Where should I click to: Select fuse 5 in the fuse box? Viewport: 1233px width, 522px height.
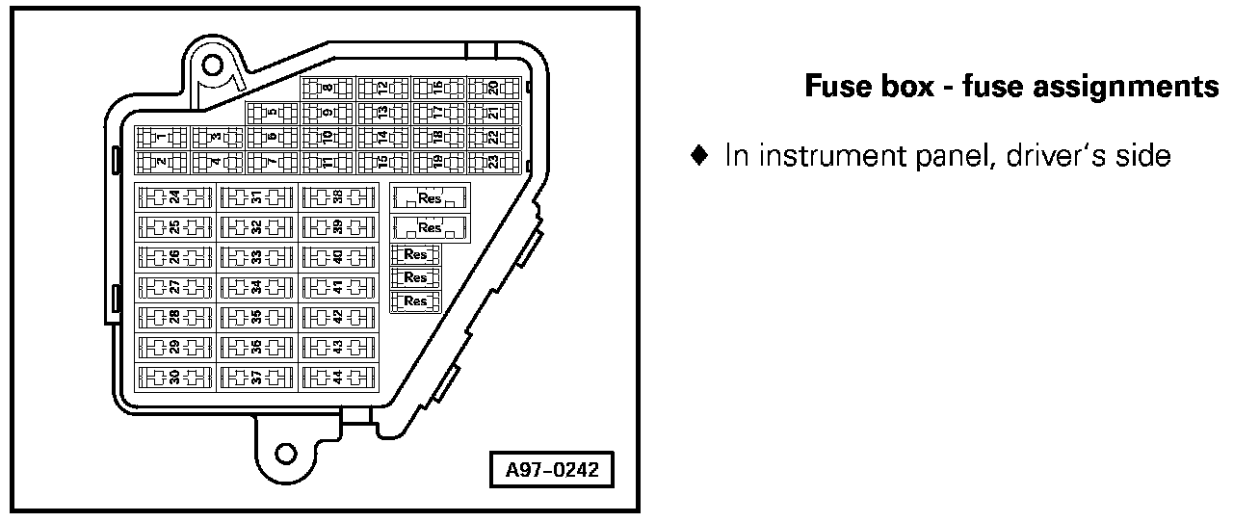pyautogui.click(x=273, y=113)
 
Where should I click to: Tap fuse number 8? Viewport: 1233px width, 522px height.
pyautogui.click(x=328, y=89)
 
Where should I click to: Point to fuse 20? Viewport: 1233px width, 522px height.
pyautogui.click(x=493, y=89)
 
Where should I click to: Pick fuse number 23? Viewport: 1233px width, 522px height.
pyautogui.click(x=493, y=162)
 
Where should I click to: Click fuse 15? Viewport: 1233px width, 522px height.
pyautogui.click(x=382, y=162)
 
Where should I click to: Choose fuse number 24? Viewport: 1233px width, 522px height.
pyautogui.click(x=174, y=197)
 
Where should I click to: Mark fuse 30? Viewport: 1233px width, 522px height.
pyautogui.click(x=174, y=377)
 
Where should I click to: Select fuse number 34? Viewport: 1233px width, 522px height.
pyautogui.click(x=256, y=287)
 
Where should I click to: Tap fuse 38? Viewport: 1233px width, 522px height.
pyautogui.click(x=338, y=197)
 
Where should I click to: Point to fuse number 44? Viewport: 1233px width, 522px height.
pyautogui.click(x=338, y=377)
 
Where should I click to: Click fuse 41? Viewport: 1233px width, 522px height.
pyautogui.click(x=338, y=287)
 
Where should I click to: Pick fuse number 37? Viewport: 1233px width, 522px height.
pyautogui.click(x=256, y=377)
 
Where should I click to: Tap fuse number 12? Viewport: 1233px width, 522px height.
pyautogui.click(x=382, y=89)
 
